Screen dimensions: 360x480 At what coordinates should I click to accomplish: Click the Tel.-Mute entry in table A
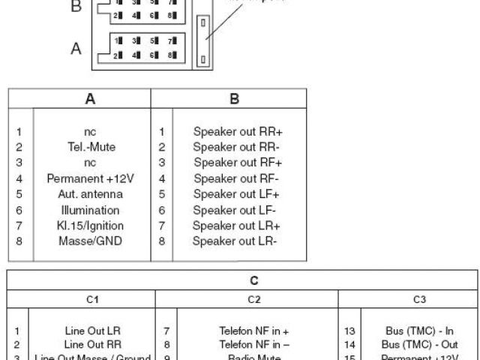(x=89, y=147)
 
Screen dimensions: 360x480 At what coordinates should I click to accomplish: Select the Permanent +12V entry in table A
(x=89, y=178)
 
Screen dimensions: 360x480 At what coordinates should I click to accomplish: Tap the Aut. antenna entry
(x=89, y=194)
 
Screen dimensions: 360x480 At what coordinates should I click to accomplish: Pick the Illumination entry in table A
(x=89, y=210)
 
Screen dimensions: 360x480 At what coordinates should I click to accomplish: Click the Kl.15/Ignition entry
(x=90, y=226)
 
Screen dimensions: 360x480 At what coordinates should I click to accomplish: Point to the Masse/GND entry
(x=89, y=241)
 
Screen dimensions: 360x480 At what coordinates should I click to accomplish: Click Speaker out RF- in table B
(x=236, y=178)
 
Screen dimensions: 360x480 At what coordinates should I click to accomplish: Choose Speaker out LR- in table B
(x=235, y=241)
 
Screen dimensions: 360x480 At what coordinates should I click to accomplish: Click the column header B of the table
(x=233, y=98)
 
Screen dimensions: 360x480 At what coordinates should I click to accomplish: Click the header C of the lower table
(x=253, y=280)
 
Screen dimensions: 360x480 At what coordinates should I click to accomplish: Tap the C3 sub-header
(x=419, y=300)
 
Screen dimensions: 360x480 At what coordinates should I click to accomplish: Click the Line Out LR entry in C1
(x=92, y=330)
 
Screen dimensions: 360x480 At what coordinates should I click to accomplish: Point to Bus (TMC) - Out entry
(x=419, y=344)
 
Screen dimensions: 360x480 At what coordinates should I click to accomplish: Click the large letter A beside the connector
(x=76, y=49)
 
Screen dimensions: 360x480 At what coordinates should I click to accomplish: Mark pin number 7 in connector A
(x=171, y=40)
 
